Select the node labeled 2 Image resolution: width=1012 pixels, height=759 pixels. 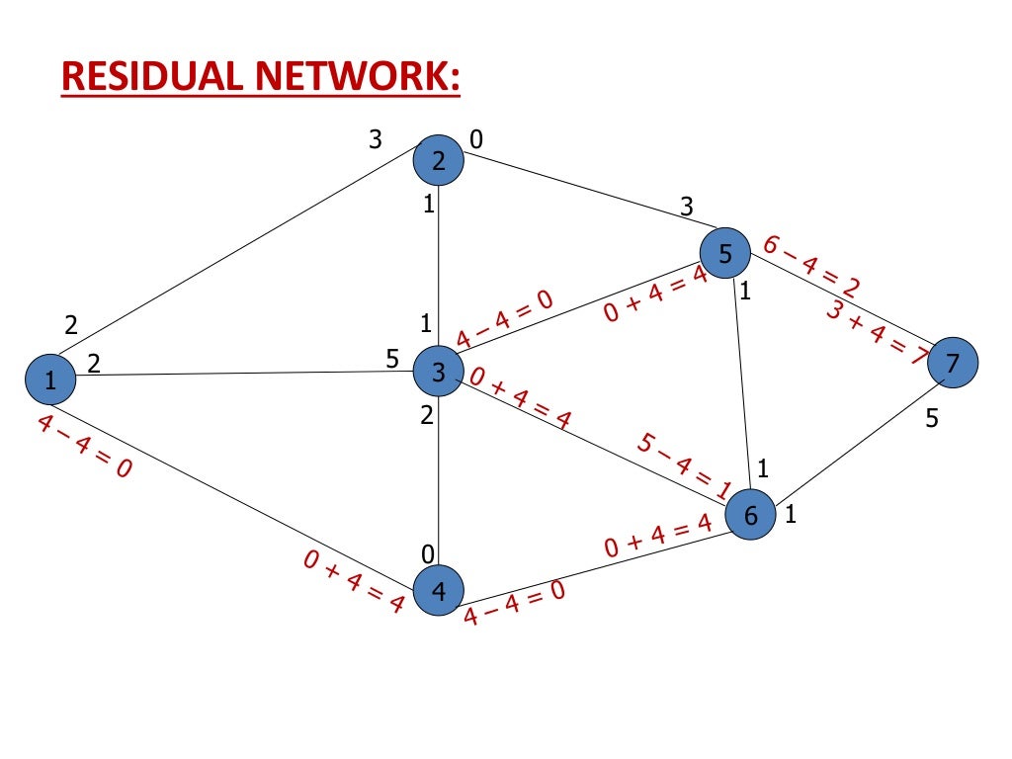438,160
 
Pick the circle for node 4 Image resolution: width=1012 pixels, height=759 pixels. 438,590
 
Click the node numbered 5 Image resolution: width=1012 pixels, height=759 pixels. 725,254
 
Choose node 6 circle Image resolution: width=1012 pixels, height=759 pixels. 750,514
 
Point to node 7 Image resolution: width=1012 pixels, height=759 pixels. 952,363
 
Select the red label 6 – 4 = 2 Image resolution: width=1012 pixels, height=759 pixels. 810,266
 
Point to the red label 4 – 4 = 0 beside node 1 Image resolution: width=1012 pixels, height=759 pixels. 84,447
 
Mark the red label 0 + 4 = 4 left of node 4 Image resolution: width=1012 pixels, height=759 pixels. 353,582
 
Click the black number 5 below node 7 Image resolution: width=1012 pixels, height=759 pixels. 932,418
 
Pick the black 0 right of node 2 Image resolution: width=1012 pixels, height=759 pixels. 475,140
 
